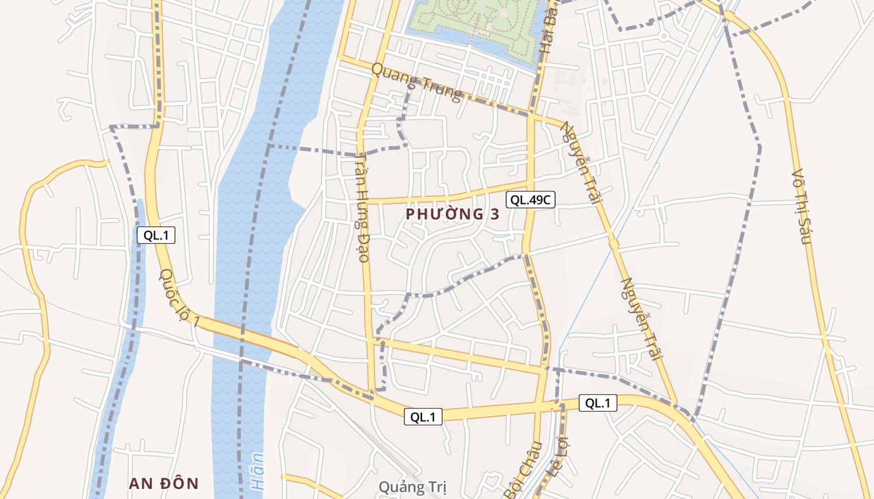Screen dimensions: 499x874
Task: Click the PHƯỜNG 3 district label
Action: click(x=453, y=214)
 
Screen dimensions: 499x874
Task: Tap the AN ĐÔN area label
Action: click(x=164, y=483)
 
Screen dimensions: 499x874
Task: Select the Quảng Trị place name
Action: click(x=413, y=487)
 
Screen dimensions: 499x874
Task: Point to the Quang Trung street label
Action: click(x=416, y=82)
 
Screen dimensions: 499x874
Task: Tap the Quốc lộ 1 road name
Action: click(x=180, y=298)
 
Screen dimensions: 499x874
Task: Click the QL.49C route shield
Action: click(x=531, y=200)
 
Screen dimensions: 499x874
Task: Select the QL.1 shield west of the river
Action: click(x=156, y=235)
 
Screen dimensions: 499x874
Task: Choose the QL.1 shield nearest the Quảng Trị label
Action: click(x=423, y=417)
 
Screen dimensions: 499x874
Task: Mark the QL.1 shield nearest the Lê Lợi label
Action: click(x=598, y=403)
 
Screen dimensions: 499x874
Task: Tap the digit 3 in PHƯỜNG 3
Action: click(x=494, y=214)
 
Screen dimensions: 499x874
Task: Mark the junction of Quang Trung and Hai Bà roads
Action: click(x=531, y=115)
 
